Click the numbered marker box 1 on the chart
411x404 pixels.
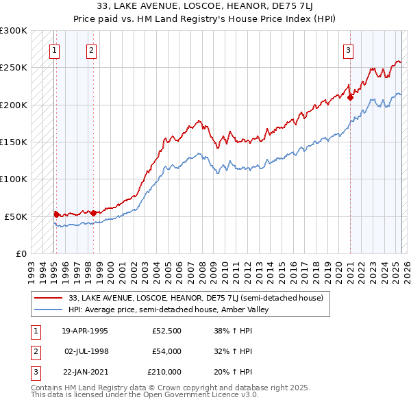[x=54, y=49]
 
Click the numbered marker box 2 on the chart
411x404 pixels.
[x=92, y=49]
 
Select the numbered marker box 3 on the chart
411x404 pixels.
[x=349, y=49]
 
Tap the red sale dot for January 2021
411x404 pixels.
[x=350, y=97]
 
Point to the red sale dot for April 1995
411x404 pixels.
[x=56, y=214]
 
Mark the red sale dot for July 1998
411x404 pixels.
[x=93, y=213]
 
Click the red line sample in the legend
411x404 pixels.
[x=48, y=297]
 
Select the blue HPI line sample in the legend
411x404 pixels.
[x=48, y=310]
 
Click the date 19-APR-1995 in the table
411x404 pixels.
[x=85, y=331]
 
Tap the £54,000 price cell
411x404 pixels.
[x=166, y=351]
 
